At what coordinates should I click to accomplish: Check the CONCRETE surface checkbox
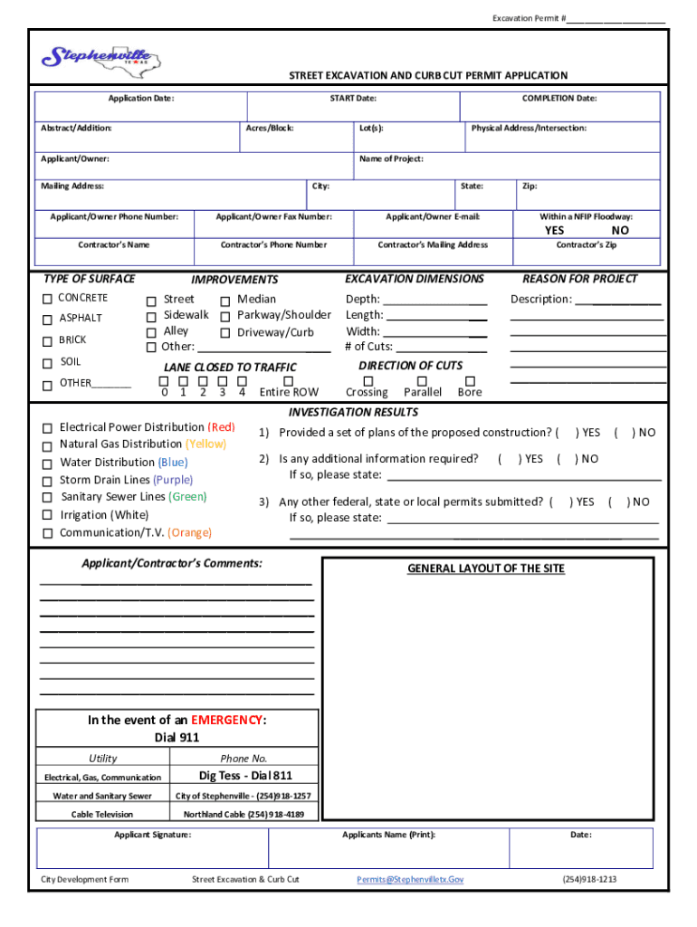click(x=46, y=299)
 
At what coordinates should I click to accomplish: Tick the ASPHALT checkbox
click(x=46, y=320)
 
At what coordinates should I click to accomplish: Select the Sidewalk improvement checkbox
click(x=151, y=316)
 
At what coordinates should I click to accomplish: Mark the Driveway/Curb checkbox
click(x=225, y=333)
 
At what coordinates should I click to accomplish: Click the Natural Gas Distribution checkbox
click(x=46, y=445)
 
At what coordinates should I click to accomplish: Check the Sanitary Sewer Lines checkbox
click(x=46, y=498)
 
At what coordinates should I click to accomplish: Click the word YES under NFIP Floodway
click(x=554, y=231)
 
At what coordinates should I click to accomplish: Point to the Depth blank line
click(x=435, y=301)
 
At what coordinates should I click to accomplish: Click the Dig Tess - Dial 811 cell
click(x=245, y=776)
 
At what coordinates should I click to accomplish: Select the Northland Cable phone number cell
click(x=244, y=815)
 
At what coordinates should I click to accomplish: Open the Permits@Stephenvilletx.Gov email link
click(x=410, y=879)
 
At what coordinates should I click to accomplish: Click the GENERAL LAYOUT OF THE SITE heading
click(x=485, y=569)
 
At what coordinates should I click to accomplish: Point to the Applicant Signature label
click(x=152, y=835)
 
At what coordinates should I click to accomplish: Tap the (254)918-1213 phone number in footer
click(x=589, y=879)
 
